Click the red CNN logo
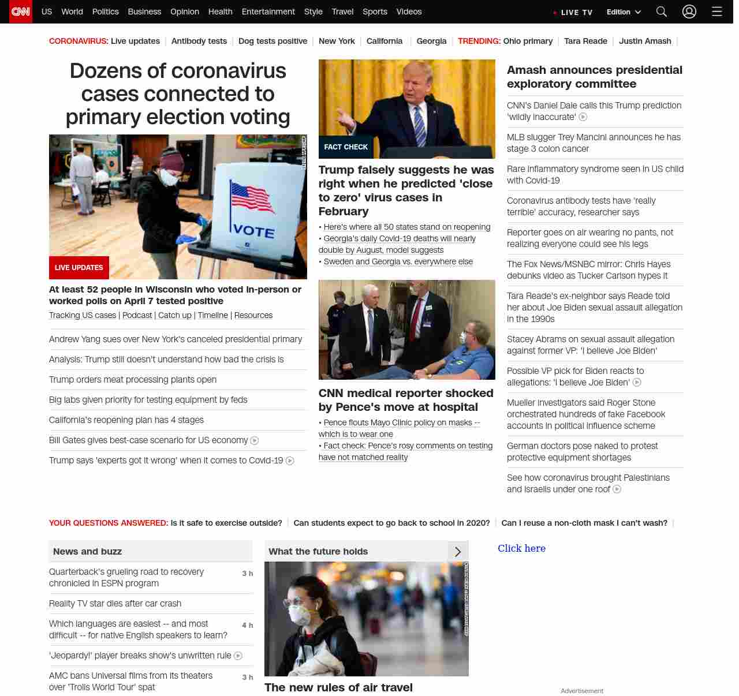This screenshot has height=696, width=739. [21, 12]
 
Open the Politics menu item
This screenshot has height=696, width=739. [105, 12]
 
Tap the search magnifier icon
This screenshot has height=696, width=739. [662, 12]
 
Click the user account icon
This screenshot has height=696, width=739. [689, 12]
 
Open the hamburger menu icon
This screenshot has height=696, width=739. [716, 12]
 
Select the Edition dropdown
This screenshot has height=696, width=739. [624, 12]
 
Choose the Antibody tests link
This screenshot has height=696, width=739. [199, 41]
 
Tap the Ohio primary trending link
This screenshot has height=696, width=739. [528, 41]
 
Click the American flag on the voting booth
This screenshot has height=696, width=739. [252, 198]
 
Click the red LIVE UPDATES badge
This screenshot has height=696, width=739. [79, 268]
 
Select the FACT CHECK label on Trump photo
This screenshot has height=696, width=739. [346, 147]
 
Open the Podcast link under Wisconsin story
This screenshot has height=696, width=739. [137, 315]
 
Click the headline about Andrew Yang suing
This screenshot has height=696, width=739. [176, 339]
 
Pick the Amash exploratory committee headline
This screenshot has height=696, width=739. [594, 77]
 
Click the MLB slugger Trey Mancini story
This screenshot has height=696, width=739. [594, 143]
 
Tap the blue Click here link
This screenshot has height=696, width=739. [521, 548]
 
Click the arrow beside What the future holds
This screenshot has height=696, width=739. [458, 552]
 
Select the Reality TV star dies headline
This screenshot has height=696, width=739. [115, 604]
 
